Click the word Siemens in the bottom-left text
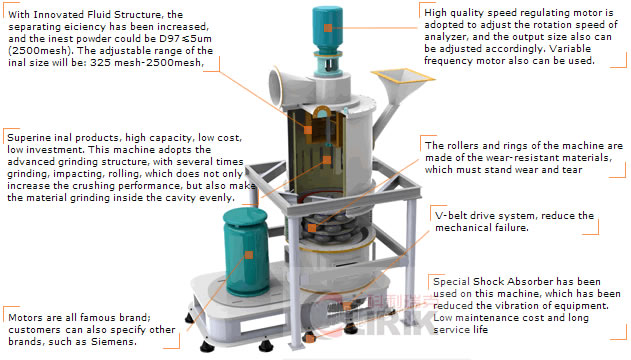coord(138,342)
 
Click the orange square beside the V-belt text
coord(425,213)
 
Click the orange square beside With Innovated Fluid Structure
coord(7,12)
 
